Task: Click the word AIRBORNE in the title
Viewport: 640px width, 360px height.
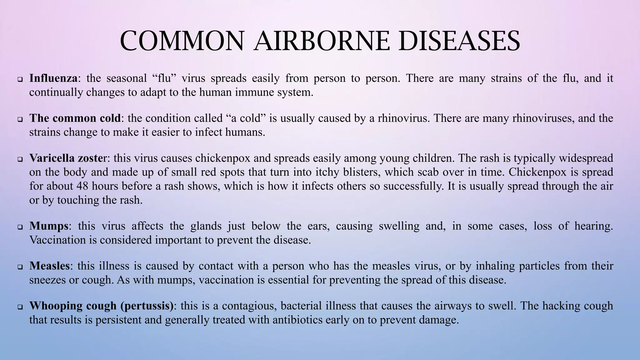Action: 322,41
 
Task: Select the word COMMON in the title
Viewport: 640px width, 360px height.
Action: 182,41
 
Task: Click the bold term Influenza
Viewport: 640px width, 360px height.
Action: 53,78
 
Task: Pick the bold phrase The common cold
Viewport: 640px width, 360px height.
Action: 75,118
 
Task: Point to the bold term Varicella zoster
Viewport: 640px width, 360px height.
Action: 68,158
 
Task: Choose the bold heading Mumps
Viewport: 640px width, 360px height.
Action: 49,226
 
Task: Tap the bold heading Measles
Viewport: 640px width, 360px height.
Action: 49,266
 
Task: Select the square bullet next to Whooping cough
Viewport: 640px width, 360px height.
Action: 20,307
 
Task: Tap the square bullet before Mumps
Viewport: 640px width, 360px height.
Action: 20,227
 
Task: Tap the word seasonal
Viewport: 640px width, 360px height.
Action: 127,78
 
